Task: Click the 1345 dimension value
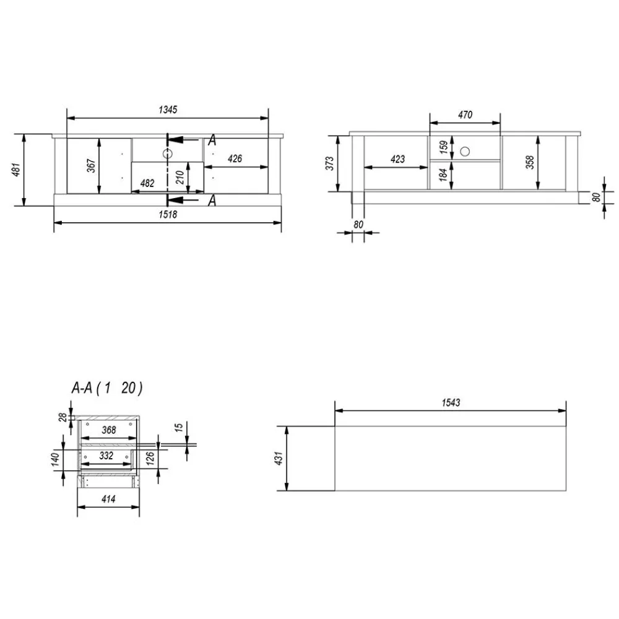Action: pos(168,110)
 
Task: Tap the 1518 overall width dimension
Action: pos(168,214)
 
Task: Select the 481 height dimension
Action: pos(16,170)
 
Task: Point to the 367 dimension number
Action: pos(91,166)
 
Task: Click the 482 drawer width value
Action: pos(147,183)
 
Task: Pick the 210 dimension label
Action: pos(180,177)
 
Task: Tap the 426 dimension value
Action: pos(235,158)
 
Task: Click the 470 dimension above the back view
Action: pos(465,115)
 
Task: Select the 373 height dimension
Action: pos(330,163)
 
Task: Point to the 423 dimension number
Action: pos(397,159)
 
